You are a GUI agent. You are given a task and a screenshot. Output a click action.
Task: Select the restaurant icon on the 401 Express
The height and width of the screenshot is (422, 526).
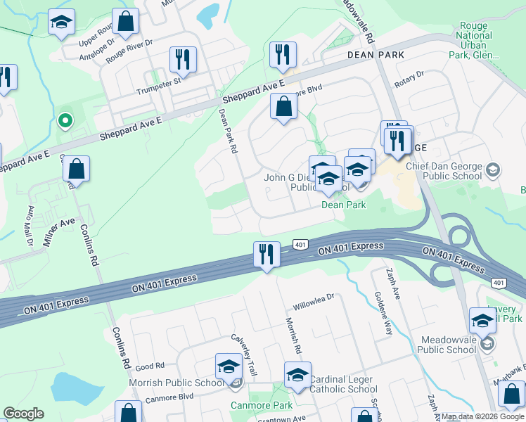pyautogui.click(x=267, y=254)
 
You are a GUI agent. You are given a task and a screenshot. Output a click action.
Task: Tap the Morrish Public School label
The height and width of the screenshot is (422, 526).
pyautogui.click(x=177, y=383)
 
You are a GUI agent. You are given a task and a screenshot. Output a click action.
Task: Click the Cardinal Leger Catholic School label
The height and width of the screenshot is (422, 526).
pyautogui.click(x=343, y=384)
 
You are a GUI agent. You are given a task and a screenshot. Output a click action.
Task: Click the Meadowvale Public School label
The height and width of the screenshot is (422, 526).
pyautogui.click(x=447, y=345)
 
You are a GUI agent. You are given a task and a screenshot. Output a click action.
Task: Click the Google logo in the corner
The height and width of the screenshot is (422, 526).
pyautogui.click(x=23, y=414)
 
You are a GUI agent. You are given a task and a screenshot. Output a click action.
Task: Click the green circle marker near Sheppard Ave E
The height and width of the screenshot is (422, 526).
pyautogui.click(x=65, y=121)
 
